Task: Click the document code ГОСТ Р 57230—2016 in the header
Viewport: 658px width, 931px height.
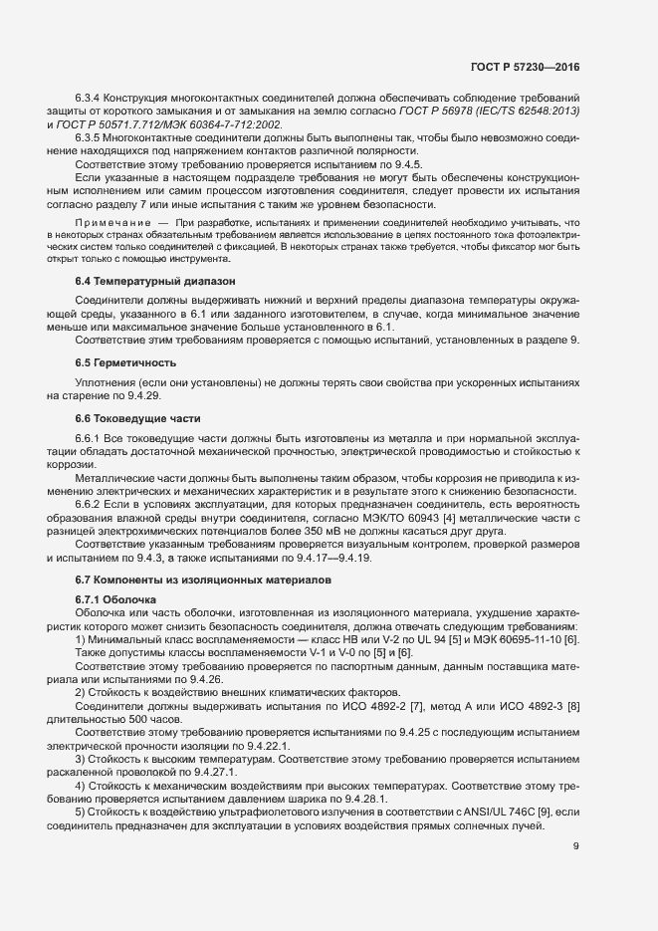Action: [x=524, y=67]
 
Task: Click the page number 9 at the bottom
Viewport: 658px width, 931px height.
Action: [x=576, y=847]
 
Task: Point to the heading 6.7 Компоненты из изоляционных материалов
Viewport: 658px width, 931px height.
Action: [x=200, y=579]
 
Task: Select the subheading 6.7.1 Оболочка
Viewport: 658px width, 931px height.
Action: [x=115, y=599]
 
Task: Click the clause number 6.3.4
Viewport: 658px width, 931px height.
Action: [x=91, y=98]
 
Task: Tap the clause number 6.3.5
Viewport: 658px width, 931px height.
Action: [x=91, y=136]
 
